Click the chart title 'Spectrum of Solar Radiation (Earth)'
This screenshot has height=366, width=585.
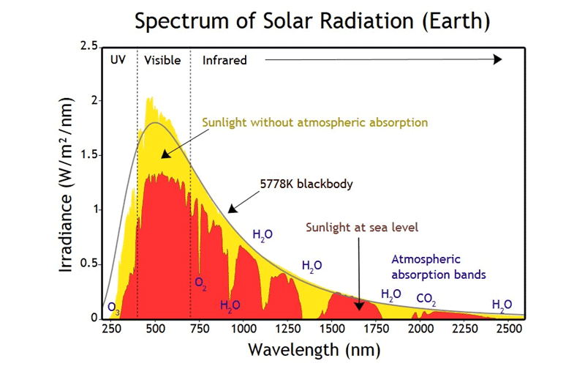(312, 21)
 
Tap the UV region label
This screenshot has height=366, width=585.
(118, 60)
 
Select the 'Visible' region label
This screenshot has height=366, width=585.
(162, 60)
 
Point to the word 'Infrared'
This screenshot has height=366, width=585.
(224, 60)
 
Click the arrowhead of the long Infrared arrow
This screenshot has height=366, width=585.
(498, 59)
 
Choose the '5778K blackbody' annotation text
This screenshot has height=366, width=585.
(306, 184)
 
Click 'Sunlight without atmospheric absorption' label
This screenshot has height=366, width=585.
(315, 122)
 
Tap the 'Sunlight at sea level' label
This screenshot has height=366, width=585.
(362, 227)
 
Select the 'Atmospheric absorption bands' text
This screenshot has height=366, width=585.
(438, 266)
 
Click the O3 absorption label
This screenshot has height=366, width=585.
(114, 307)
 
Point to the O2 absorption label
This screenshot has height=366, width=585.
(200, 283)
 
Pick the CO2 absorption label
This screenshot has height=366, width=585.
(426, 299)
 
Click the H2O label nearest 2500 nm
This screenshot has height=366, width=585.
(502, 305)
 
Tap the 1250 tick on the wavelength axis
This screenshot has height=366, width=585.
(287, 329)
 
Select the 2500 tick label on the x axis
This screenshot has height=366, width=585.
(509, 329)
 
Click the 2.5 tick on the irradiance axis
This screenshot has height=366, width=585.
(88, 46)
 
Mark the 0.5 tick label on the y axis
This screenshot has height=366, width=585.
(88, 264)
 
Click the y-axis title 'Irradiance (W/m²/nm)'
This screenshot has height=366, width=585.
(66, 185)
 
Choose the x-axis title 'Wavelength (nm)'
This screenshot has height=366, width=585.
(314, 350)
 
